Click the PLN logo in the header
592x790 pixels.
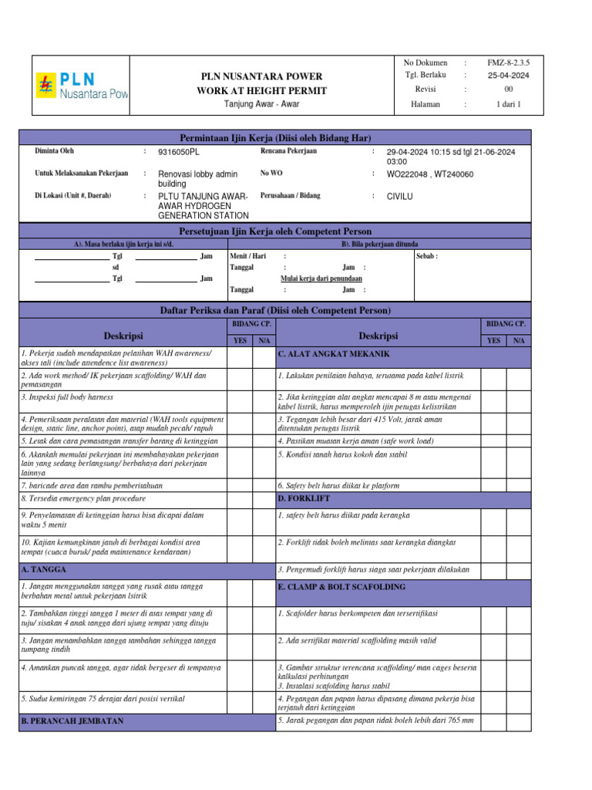[x=81, y=85]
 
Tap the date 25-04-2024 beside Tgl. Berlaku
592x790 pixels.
[x=508, y=75]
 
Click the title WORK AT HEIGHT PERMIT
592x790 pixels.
[x=262, y=90]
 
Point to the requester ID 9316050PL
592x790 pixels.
[x=179, y=153]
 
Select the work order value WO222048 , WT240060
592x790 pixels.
[x=430, y=174]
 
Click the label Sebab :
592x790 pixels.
[x=427, y=255]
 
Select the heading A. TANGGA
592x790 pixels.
[x=44, y=569]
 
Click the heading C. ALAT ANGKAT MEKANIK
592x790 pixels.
[x=334, y=354]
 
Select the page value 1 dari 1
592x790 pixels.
[x=508, y=104]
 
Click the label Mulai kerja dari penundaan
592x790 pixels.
[x=321, y=278]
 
